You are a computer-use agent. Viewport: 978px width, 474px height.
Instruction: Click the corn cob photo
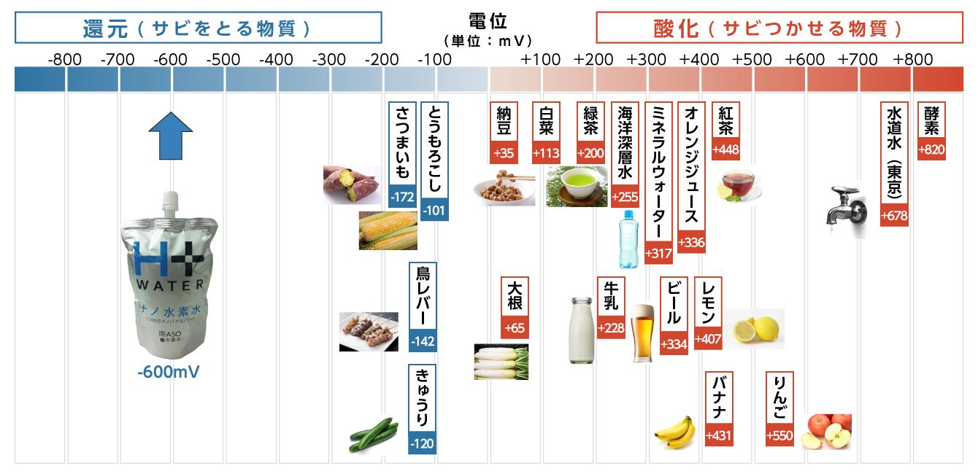click(x=388, y=231)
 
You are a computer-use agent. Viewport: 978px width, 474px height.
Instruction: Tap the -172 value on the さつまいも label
click(x=402, y=197)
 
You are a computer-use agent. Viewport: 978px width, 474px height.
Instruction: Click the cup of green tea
click(x=576, y=185)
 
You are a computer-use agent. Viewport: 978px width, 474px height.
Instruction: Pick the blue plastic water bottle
click(x=628, y=238)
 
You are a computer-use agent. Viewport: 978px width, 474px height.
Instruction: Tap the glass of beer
click(x=642, y=333)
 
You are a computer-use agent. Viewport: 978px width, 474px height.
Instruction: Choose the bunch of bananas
click(x=676, y=431)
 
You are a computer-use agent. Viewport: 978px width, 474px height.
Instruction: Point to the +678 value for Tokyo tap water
click(x=894, y=216)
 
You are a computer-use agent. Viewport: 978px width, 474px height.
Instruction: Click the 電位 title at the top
click(x=488, y=20)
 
